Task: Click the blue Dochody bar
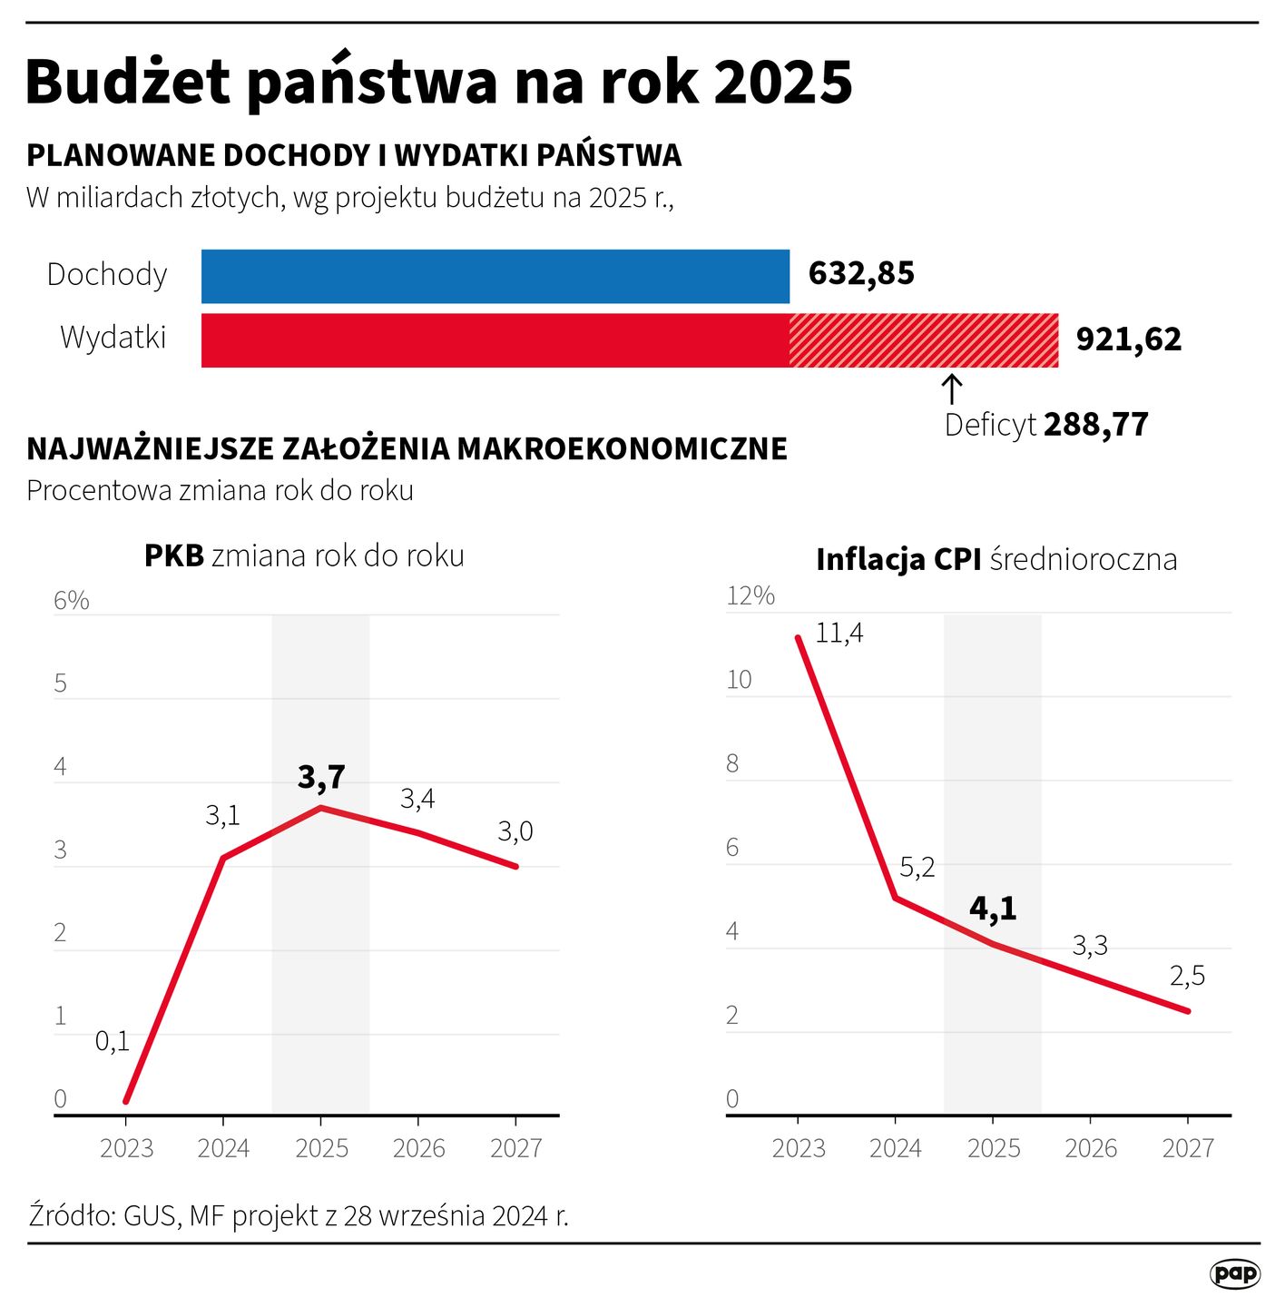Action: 495,276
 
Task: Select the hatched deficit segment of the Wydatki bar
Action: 923,340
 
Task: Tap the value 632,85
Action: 861,273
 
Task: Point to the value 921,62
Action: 1128,339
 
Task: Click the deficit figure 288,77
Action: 1095,425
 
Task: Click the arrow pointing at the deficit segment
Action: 951,388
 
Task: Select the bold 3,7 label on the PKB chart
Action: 321,777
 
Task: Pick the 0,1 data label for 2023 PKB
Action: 113,1041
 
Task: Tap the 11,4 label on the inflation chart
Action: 839,633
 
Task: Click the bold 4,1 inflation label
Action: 993,908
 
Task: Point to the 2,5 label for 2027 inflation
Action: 1187,976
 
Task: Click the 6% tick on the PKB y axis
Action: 72,601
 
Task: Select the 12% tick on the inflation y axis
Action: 750,595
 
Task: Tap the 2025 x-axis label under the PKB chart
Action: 321,1148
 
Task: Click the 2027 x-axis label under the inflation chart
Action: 1187,1148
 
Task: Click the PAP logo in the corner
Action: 1235,1273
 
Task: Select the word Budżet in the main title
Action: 128,82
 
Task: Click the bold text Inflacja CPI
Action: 898,559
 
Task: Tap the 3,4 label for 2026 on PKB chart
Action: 417,799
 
